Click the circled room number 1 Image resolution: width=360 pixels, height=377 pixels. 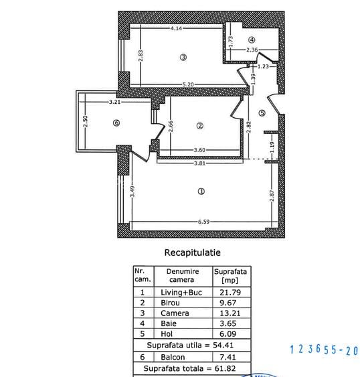(201, 191)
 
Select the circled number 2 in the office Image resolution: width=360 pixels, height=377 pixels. (199, 125)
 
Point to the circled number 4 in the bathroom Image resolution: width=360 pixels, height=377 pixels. (252, 40)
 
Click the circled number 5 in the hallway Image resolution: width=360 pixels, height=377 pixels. (262, 113)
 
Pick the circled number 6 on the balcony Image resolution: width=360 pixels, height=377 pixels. (116, 123)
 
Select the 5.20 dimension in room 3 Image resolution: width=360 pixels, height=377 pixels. (188, 84)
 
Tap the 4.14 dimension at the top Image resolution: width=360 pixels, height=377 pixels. (177, 29)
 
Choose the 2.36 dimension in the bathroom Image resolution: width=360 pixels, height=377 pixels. (252, 50)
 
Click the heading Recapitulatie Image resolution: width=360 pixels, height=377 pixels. (192, 253)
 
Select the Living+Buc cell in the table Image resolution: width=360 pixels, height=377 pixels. (182, 293)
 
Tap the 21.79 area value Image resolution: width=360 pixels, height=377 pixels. (231, 293)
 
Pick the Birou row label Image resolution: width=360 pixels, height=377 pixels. (170, 303)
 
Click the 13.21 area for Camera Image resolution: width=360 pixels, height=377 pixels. (231, 313)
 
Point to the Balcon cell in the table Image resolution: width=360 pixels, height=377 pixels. (173, 358)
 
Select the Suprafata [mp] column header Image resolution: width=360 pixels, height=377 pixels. (231, 276)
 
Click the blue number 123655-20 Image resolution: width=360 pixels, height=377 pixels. (325, 350)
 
